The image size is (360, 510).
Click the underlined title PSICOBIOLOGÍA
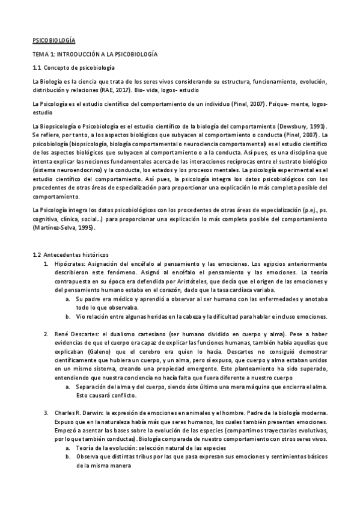coord(53,40)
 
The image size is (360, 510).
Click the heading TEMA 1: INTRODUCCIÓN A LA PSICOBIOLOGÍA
coord(95,54)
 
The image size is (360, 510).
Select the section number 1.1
coord(36,68)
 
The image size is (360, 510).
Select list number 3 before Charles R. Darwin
coord(46,413)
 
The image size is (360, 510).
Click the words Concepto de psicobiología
coord(79,68)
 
